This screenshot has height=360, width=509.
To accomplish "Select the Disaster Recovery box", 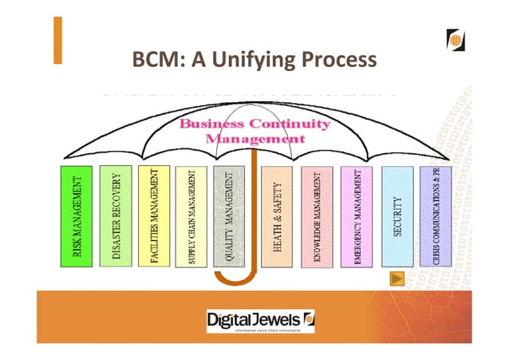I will tap(116, 216).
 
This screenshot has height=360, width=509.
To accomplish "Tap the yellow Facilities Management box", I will tap(154, 216).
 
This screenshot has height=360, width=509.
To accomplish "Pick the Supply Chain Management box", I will tap(191, 216).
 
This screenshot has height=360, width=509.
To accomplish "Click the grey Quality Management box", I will tap(230, 216).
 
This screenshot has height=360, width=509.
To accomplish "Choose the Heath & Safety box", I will tap(277, 216).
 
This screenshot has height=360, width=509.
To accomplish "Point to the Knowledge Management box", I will tap(317, 216).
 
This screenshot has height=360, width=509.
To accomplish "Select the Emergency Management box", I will tap(357, 216).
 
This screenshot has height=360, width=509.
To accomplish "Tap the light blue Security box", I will tap(397, 216).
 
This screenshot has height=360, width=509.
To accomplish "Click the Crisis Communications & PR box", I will tap(435, 216).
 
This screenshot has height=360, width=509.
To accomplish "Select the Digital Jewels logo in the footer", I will tap(261, 320).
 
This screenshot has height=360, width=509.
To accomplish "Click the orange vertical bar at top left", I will tap(57, 40).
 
